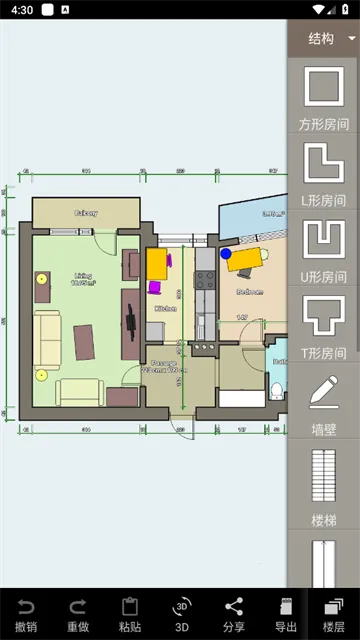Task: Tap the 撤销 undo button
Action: tap(26, 614)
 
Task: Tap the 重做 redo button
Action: tap(78, 614)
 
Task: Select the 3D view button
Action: tap(182, 614)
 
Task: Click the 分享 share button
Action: tap(234, 614)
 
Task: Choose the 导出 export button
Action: tap(286, 614)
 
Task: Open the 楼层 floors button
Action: tap(334, 614)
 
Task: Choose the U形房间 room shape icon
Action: tap(324, 240)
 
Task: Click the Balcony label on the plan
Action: tap(84, 213)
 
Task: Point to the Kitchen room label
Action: tap(165, 309)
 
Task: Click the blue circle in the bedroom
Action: tap(226, 254)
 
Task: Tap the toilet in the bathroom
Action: tap(277, 388)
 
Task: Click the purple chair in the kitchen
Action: tap(155, 287)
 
